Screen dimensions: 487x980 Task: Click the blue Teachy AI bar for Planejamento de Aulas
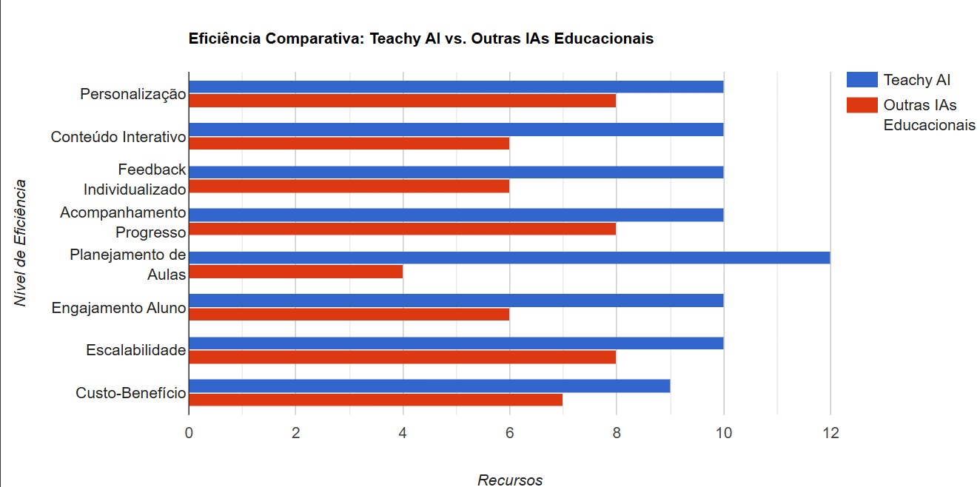coord(509,258)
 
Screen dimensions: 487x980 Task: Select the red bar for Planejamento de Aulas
coord(296,272)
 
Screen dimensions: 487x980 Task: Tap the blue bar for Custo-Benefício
coord(429,386)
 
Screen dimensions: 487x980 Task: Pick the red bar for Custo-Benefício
coord(376,400)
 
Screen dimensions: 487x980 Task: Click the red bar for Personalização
coord(403,101)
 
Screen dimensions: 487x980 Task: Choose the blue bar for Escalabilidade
coord(456,343)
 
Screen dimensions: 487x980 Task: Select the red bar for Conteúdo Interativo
coord(349,144)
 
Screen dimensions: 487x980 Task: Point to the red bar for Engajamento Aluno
coord(349,315)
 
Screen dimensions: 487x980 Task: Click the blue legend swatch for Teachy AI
coord(862,80)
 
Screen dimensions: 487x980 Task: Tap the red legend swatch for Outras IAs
coord(862,105)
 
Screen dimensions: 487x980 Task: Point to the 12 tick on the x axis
coord(830,434)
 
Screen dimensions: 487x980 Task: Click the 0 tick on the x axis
coord(189,434)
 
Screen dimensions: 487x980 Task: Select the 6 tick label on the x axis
coord(509,434)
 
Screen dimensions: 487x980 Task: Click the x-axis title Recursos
coord(510,480)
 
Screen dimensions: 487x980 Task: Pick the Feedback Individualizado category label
coord(135,179)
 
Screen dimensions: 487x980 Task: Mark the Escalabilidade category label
coord(135,350)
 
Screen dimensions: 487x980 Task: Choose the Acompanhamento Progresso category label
coord(123,222)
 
